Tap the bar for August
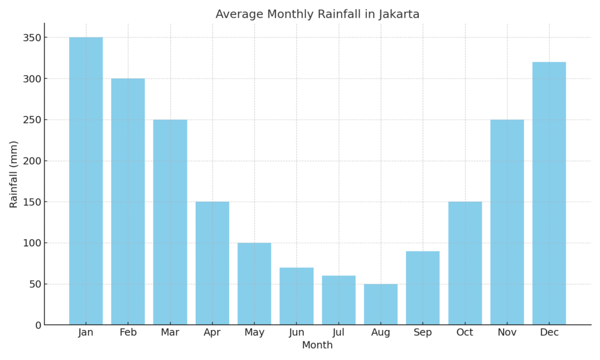[x=380, y=304]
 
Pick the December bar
[x=549, y=193]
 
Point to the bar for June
[x=296, y=296]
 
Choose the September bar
[x=422, y=288]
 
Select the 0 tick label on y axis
[x=38, y=325]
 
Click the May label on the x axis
[x=254, y=333]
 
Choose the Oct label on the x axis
[x=465, y=333]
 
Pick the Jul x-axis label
[x=339, y=333]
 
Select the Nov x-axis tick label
[x=507, y=333]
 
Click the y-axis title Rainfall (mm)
[x=14, y=174]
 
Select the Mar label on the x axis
[x=170, y=333]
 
